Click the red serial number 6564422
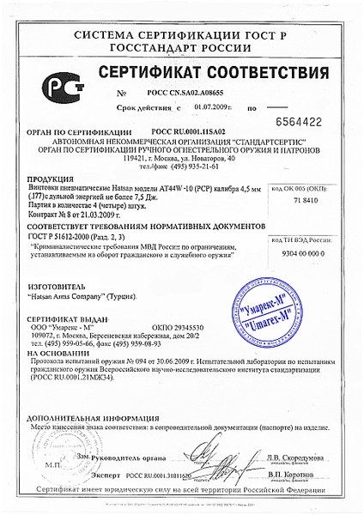(x=319, y=122)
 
